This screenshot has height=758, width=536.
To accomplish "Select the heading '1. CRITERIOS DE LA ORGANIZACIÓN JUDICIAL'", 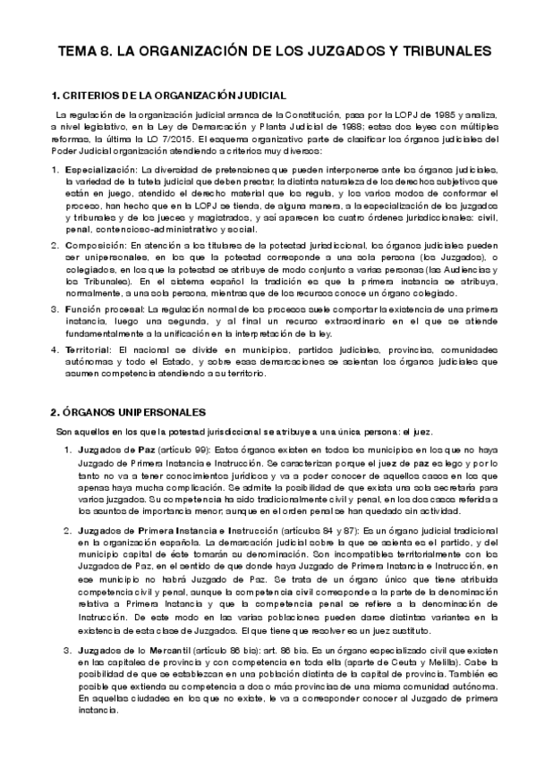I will (x=169, y=95).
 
